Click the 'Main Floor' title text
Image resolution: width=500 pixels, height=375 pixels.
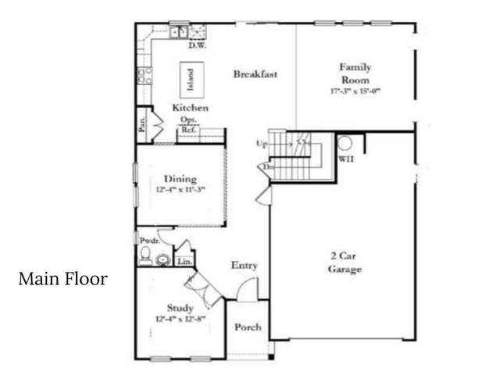click(x=62, y=279)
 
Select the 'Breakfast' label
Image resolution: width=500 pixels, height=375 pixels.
click(x=255, y=74)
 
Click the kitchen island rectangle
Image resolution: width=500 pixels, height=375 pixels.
click(x=190, y=77)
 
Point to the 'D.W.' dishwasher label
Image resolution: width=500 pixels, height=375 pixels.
click(x=197, y=45)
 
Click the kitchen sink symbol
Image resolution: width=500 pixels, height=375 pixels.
click(x=179, y=32)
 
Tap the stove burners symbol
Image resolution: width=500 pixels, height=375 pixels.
click(x=145, y=75)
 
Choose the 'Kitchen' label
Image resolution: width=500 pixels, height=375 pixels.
click(x=190, y=108)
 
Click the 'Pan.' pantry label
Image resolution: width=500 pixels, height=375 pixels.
click(x=143, y=125)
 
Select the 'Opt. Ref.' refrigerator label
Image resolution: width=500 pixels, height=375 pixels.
click(x=188, y=125)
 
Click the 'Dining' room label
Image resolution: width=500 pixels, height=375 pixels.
click(x=180, y=179)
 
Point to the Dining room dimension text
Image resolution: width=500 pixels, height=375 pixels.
click(x=180, y=190)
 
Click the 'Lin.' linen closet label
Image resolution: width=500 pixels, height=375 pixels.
click(x=184, y=262)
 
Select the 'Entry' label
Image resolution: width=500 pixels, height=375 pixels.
click(x=245, y=266)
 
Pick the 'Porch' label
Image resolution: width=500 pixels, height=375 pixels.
click(x=248, y=327)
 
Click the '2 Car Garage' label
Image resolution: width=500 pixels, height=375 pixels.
click(x=345, y=262)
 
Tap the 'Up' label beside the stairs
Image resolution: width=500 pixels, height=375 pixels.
click(x=262, y=144)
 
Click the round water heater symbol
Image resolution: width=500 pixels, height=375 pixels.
click(x=345, y=142)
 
